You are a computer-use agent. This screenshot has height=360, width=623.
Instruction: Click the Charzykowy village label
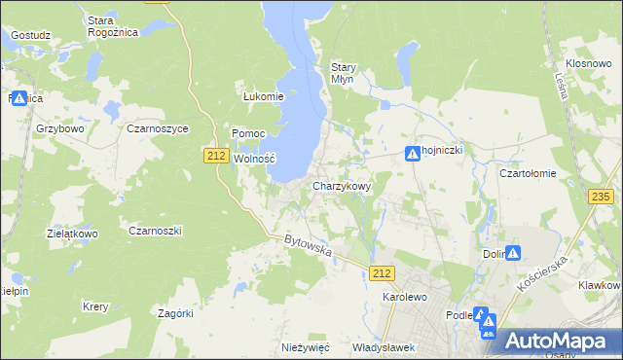342,186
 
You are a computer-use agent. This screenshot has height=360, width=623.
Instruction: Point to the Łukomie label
263,96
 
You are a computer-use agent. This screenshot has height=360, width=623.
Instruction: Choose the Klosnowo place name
587,62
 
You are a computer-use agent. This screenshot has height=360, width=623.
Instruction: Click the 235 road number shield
601,197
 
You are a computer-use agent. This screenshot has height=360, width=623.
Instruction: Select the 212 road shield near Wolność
217,155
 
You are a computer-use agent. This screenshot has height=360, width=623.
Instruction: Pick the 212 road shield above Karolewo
382,274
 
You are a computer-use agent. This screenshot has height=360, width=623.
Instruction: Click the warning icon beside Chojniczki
413,153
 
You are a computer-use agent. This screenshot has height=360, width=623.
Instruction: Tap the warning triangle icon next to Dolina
513,253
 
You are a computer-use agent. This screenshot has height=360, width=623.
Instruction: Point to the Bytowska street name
309,245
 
